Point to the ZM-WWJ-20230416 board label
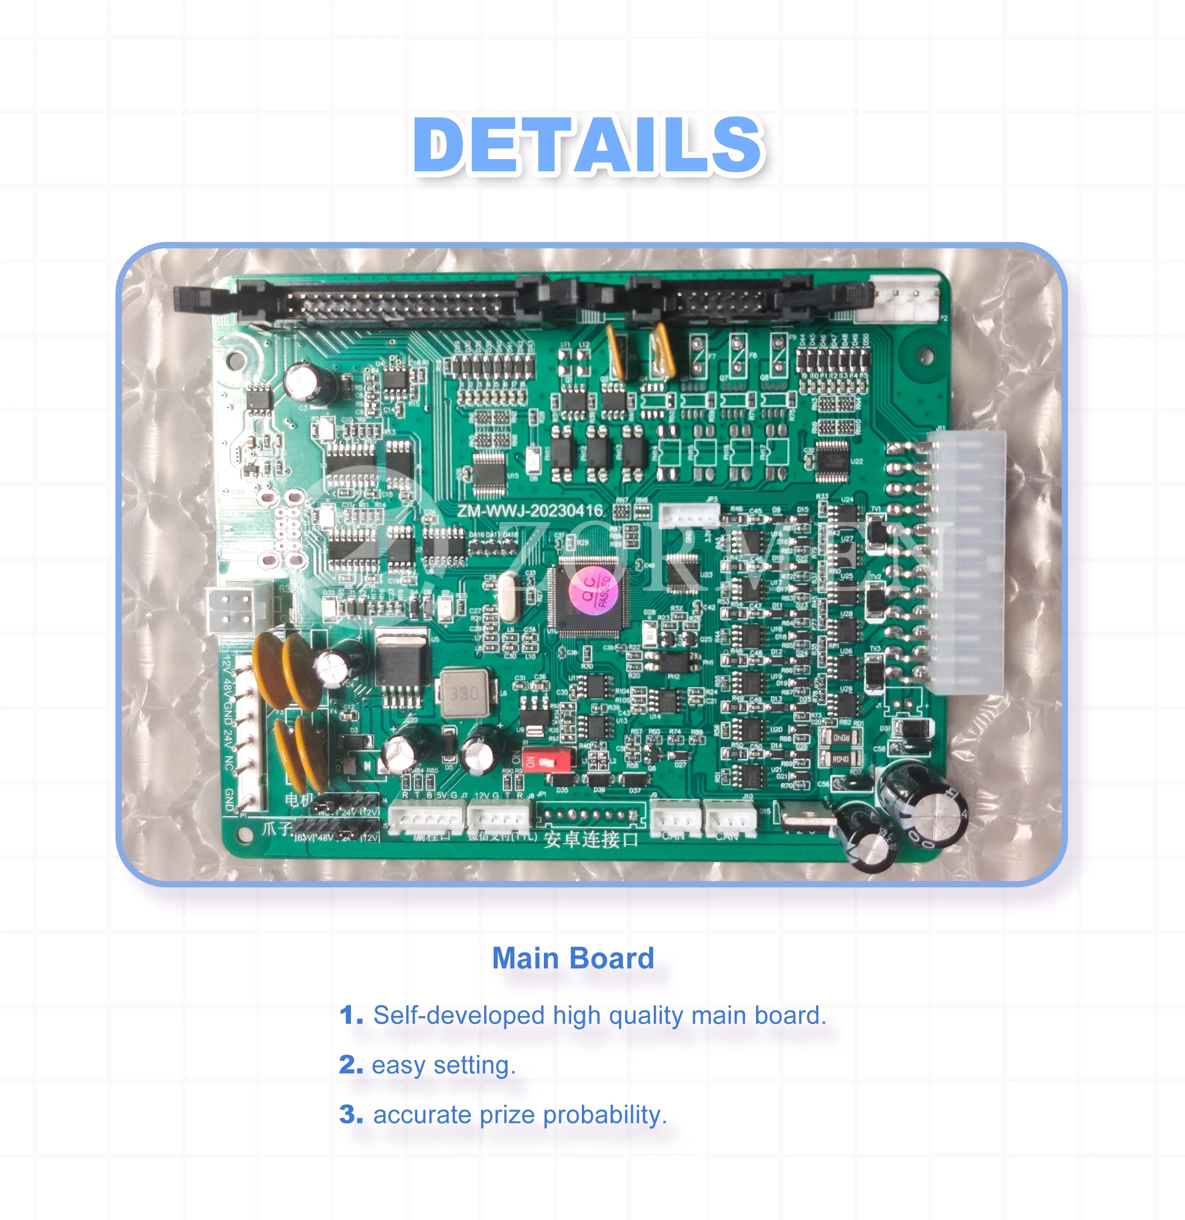(x=531, y=511)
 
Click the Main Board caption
(x=573, y=958)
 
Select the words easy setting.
(x=444, y=1065)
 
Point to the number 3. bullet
(x=351, y=1115)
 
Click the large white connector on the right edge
(x=965, y=560)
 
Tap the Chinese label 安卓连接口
(x=590, y=839)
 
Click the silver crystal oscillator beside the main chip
(x=508, y=597)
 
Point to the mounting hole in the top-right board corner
(x=925, y=355)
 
